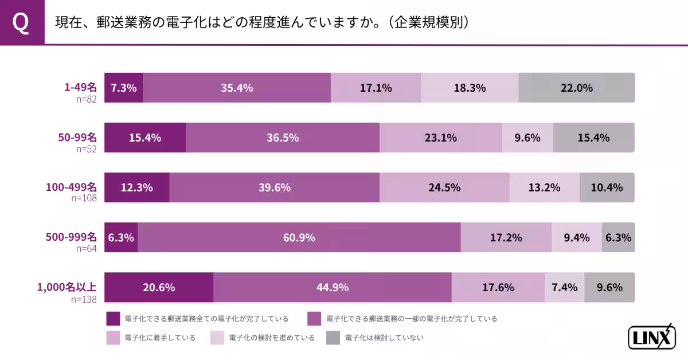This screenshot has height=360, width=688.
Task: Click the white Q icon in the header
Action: (21, 22)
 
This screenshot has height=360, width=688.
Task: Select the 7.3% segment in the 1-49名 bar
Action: (123, 88)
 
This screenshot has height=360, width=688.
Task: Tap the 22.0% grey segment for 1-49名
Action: (576, 88)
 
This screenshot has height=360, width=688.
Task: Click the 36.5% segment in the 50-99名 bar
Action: (282, 138)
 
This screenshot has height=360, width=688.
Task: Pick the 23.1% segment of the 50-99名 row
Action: (440, 138)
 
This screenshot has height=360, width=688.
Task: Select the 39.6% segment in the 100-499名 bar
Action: (274, 187)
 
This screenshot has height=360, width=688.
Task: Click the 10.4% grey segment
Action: (607, 187)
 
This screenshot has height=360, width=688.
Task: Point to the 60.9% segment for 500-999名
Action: (299, 237)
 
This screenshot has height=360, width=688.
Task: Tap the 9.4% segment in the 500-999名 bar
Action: (576, 237)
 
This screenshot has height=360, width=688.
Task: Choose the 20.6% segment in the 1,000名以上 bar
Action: (158, 287)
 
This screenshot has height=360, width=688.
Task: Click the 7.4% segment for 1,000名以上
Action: (564, 287)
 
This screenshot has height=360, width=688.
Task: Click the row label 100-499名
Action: (72, 187)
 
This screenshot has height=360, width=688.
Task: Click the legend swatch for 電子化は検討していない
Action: (333, 338)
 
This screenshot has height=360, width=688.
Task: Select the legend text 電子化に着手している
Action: (160, 338)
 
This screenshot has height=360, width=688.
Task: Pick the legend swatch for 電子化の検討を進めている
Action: (217, 338)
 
